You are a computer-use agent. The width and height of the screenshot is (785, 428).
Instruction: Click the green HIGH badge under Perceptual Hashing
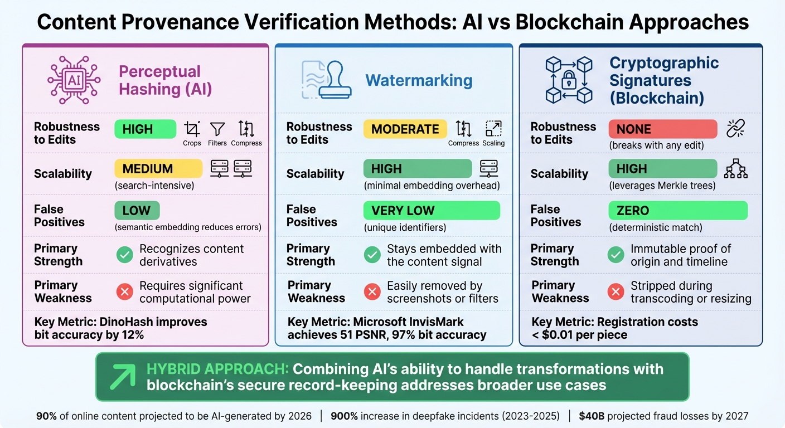click(145, 129)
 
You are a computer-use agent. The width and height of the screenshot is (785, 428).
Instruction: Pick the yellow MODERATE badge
click(405, 129)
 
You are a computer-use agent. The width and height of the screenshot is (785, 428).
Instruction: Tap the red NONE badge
click(662, 129)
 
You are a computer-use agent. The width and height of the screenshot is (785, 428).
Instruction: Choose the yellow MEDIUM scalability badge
click(158, 168)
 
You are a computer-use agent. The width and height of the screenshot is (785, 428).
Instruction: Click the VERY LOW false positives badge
click(432, 211)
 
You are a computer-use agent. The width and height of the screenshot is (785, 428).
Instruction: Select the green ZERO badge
click(677, 211)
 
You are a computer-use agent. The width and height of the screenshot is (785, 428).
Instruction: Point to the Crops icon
click(192, 129)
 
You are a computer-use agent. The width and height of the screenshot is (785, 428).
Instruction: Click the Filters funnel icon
click(217, 129)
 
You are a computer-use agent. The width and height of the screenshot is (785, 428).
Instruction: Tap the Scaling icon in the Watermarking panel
click(493, 129)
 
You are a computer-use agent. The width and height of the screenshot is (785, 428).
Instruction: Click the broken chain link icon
click(736, 129)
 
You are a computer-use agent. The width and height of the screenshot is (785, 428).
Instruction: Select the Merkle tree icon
click(735, 168)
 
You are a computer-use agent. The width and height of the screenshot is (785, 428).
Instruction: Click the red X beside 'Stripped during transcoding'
click(616, 291)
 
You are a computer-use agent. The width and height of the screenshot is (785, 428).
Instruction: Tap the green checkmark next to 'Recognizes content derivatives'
click(124, 255)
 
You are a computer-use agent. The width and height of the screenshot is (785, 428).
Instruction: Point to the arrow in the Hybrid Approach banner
click(122, 377)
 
